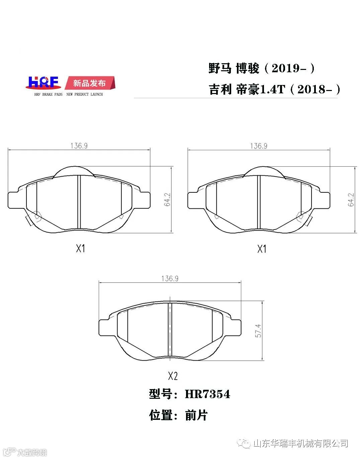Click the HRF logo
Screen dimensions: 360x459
pos(43,83)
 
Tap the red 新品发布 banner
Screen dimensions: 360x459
pos(90,83)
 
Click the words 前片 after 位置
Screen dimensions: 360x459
pos(196,415)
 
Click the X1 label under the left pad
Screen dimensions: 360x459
pos(80,248)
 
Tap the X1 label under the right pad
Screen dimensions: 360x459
pos(262,249)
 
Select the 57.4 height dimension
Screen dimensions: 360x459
pos(258,331)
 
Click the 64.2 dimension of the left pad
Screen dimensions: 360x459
pos(167,199)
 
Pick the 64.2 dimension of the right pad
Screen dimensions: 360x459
pos(351,199)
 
